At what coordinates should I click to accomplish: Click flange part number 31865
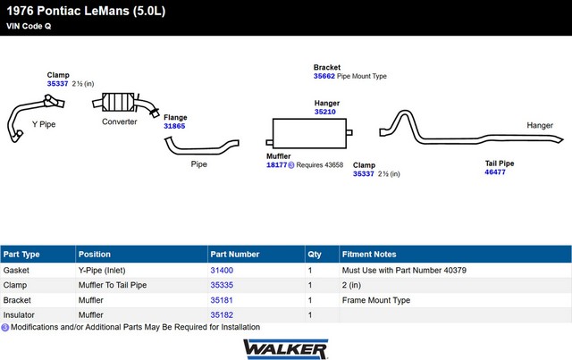click(x=174, y=126)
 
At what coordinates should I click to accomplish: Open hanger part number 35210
click(x=325, y=112)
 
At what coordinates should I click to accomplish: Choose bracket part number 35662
click(x=324, y=76)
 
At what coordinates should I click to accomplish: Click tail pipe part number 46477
click(x=495, y=172)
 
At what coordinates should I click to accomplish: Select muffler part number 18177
click(x=276, y=165)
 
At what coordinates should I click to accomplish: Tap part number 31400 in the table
click(x=222, y=271)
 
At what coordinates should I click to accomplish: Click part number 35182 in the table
click(x=222, y=314)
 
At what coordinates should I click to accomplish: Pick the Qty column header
click(x=315, y=255)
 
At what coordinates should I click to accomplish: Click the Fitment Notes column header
click(x=369, y=255)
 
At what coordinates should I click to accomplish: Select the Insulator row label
click(x=19, y=314)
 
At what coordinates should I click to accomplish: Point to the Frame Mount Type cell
click(x=376, y=300)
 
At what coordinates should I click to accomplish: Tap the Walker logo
click(x=286, y=349)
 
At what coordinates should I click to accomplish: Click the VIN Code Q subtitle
click(x=29, y=26)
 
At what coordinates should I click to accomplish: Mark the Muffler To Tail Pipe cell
click(x=113, y=285)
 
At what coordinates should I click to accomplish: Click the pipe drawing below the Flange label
click(x=202, y=146)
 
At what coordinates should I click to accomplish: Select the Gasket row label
click(x=16, y=271)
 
